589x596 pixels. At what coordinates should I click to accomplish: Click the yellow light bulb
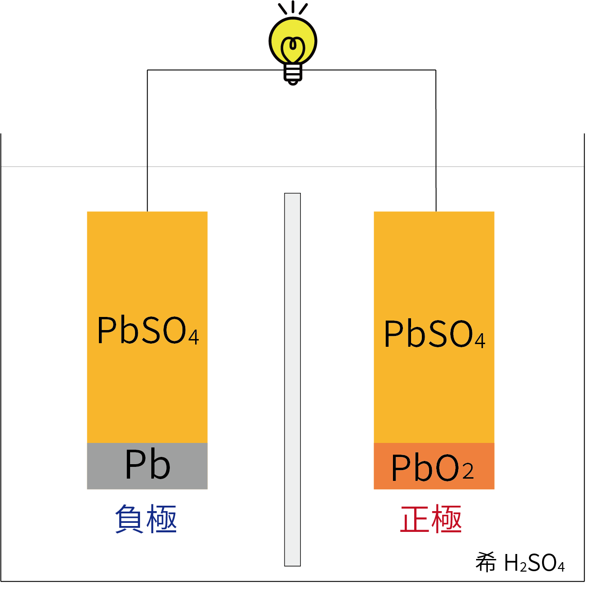click(293, 41)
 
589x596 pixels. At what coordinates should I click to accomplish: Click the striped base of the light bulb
click(293, 72)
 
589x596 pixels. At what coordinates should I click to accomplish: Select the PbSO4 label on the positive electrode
click(434, 335)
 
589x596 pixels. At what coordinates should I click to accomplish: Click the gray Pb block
click(147, 466)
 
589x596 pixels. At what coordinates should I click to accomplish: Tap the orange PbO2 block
click(434, 466)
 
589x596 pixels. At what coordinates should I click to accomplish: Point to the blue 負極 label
click(146, 519)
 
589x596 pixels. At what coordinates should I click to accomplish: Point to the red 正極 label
click(431, 519)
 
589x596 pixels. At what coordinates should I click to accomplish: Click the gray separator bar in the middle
click(292, 379)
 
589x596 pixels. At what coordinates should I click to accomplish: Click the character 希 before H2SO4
click(486, 563)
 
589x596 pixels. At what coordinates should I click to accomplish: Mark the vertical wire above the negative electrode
click(147, 140)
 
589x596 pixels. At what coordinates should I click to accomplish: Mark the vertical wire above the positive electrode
click(436, 140)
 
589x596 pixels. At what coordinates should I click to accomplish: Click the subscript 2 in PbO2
click(468, 472)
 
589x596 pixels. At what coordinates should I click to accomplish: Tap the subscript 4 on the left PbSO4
click(194, 338)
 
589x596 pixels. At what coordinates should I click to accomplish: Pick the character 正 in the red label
click(415, 519)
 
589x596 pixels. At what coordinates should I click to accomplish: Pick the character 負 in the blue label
click(130, 519)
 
